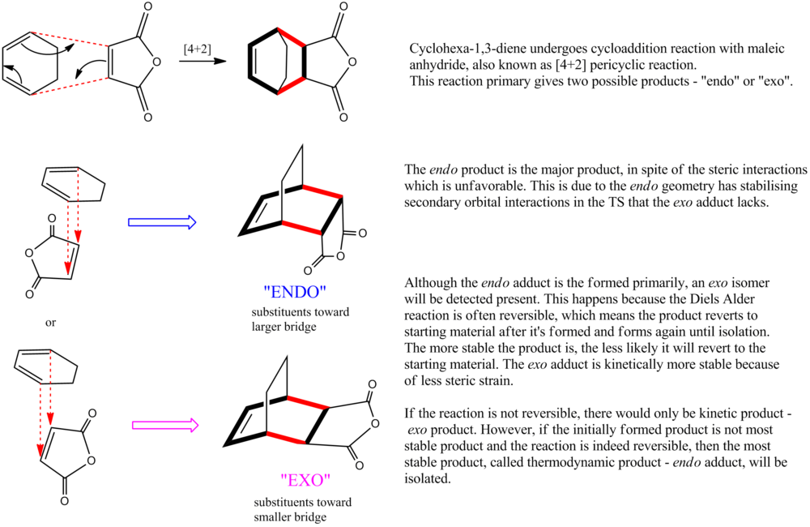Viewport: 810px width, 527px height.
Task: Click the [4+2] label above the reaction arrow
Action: pos(198,49)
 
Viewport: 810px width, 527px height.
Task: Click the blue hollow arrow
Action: pos(162,222)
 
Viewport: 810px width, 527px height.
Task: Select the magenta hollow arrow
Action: pos(165,426)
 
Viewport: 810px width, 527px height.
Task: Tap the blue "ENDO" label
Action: pos(295,292)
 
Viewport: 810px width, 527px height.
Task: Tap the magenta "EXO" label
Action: pos(305,480)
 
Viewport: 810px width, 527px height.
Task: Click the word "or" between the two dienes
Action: pos(50,323)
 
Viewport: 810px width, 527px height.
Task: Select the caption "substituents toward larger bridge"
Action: pos(301,319)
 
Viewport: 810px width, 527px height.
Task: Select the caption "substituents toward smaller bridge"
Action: pos(302,509)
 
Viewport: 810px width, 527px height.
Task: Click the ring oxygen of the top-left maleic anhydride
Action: pos(156,62)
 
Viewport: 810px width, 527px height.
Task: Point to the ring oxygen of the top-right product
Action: pos(352,62)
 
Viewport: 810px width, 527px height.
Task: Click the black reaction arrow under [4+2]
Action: pos(202,61)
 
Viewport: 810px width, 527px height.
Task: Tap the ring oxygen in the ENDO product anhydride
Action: pos(340,256)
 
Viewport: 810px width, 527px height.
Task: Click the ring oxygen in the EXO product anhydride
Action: pos(374,423)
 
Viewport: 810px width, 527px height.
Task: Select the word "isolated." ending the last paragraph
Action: pos(427,478)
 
